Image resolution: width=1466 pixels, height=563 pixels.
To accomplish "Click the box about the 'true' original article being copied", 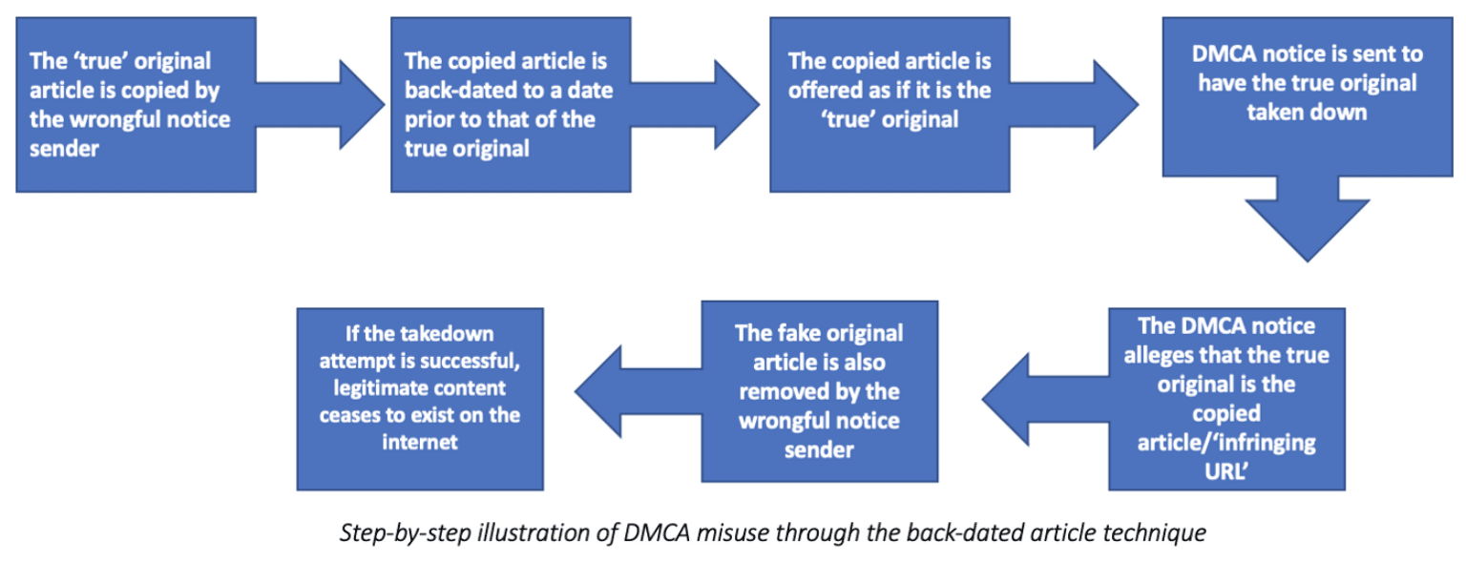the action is click(x=136, y=105).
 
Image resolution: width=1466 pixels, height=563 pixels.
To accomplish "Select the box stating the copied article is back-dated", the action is click(x=511, y=105).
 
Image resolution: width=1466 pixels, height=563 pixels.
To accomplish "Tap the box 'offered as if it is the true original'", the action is click(x=890, y=105).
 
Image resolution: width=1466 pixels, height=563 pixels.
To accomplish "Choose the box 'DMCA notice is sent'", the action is click(x=1307, y=97).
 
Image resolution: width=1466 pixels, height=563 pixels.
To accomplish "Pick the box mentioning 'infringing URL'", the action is click(x=1226, y=399).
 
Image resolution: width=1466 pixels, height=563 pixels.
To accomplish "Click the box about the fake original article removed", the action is click(x=820, y=391).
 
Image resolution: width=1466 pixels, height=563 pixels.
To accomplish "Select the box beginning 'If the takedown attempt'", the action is click(x=420, y=399).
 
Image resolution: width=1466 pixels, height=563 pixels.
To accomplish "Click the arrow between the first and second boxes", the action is click(x=320, y=105).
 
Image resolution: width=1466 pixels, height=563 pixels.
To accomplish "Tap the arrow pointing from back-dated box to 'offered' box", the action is click(x=695, y=105).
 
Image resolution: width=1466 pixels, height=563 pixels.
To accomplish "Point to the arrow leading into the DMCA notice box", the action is click(x=1074, y=105).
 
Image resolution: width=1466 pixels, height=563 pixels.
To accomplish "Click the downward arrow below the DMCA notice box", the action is click(x=1308, y=219).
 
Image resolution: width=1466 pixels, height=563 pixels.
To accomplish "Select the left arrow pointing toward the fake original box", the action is click(x=1046, y=399).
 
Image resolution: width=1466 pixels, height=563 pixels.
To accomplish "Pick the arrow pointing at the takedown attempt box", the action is click(x=639, y=391).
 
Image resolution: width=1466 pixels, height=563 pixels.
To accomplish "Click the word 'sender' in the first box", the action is click(x=64, y=149).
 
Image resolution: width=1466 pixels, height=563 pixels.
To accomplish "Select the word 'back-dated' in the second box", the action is click(x=470, y=90).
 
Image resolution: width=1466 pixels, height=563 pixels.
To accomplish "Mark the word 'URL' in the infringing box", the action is click(x=1226, y=471).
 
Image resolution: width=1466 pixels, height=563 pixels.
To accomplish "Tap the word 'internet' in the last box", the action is click(x=420, y=442).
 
